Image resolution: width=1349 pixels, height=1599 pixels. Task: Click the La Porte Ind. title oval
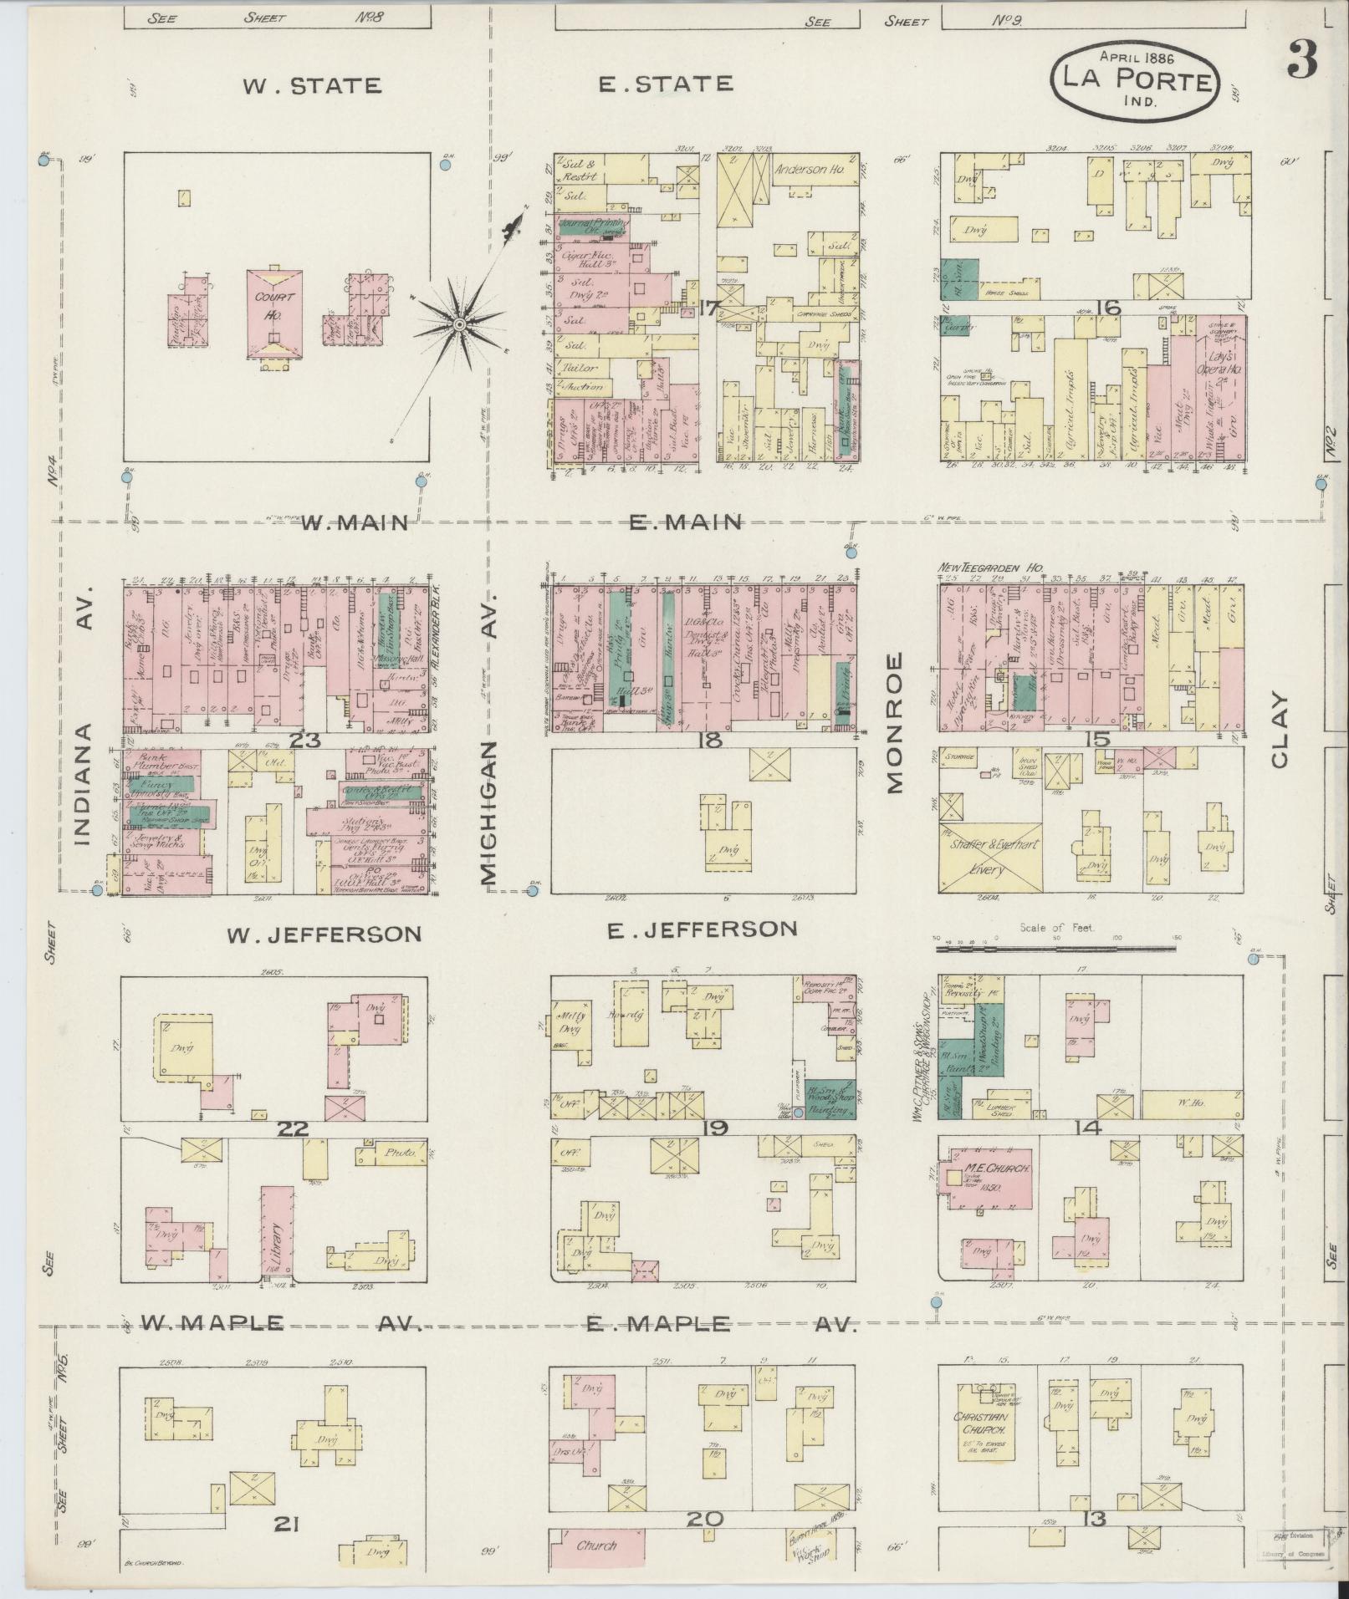point(1134,82)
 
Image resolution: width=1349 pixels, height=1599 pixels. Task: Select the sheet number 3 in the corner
point(1302,59)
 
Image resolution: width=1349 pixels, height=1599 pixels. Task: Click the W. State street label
point(312,85)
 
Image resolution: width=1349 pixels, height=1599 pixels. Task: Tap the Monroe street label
point(896,723)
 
